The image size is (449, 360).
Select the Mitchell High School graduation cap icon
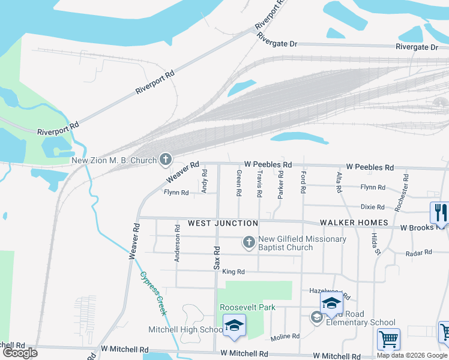coord(234,326)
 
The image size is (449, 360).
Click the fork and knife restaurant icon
coord(439,212)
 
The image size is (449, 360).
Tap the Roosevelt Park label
coord(247,307)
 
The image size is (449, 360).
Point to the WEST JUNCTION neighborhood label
coord(223,223)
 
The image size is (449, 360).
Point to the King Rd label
coord(234,272)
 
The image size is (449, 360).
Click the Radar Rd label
coord(419,253)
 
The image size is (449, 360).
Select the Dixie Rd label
coord(372,207)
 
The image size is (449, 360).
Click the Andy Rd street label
coord(205,181)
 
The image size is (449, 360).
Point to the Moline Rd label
coord(285,337)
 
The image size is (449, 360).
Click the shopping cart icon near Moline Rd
coord(388,339)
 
